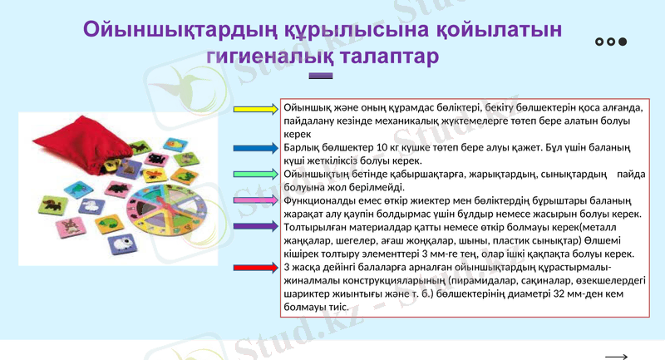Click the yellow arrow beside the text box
pos(257,110)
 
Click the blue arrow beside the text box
pos(257,148)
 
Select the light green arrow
pos(257,174)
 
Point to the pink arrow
pos(257,200)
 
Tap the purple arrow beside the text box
pos(257,226)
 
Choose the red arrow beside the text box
pos(257,267)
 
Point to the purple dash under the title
pos(321,76)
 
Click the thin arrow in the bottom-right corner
pos(616,356)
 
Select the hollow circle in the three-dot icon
pos(600,42)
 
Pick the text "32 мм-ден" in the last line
pos(573,293)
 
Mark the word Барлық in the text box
pos(300,147)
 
